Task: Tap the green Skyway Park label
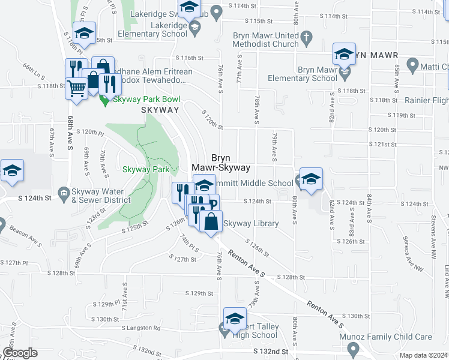pos(145,170)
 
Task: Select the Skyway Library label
pos(251,224)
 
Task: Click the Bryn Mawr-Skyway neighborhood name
pos(220,163)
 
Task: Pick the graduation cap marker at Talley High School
pos(235,318)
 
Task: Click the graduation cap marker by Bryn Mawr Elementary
pos(344,53)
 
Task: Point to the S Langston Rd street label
pos(141,328)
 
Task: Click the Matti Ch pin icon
pos(412,64)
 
